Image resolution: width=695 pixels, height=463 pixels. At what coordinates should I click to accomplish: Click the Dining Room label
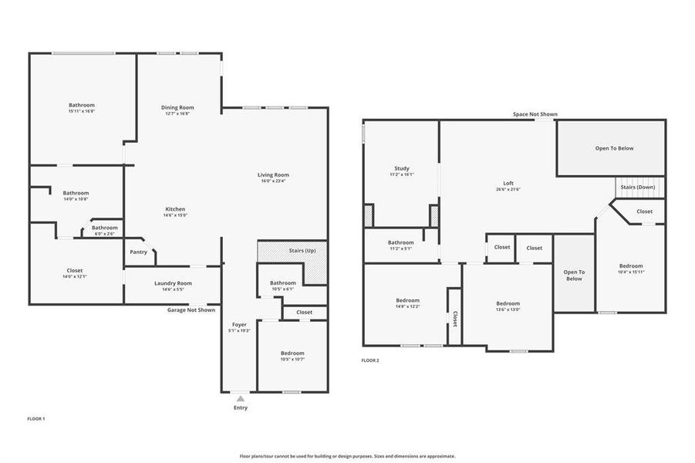pyautogui.click(x=177, y=107)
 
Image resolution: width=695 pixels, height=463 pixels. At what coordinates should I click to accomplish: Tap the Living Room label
pyautogui.click(x=273, y=175)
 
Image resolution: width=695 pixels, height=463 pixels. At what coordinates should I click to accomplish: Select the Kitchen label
pyautogui.click(x=175, y=209)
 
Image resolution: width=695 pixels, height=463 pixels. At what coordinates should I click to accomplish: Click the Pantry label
pyautogui.click(x=138, y=252)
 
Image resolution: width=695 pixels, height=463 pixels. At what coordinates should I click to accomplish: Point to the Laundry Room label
pyautogui.click(x=173, y=283)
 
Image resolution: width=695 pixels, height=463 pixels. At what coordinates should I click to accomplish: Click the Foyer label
pyautogui.click(x=239, y=325)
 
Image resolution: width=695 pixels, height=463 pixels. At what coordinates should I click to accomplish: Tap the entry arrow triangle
pyautogui.click(x=240, y=398)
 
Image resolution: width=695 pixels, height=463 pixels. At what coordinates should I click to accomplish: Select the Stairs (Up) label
pyautogui.click(x=302, y=251)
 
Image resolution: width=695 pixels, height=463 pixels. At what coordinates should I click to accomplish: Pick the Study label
pyautogui.click(x=401, y=168)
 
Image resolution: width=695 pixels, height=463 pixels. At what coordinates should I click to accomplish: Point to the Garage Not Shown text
pyautogui.click(x=191, y=310)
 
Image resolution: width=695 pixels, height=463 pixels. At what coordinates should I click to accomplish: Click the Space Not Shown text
pyautogui.click(x=535, y=114)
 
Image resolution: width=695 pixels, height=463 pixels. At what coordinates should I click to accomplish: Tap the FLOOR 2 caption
pyautogui.click(x=370, y=360)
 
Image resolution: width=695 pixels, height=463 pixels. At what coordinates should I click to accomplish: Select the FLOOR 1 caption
pyautogui.click(x=36, y=418)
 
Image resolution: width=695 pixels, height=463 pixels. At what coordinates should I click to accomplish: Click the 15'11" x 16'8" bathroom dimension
pyautogui.click(x=81, y=111)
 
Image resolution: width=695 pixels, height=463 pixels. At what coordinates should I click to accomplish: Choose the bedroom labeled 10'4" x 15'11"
pyautogui.click(x=631, y=269)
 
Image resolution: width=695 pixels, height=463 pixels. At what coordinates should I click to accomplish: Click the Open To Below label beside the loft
pyautogui.click(x=614, y=148)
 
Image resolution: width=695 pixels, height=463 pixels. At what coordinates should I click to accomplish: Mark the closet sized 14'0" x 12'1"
pyautogui.click(x=74, y=273)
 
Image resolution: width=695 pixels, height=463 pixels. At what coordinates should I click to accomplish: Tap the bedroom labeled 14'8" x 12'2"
pyautogui.click(x=407, y=303)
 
